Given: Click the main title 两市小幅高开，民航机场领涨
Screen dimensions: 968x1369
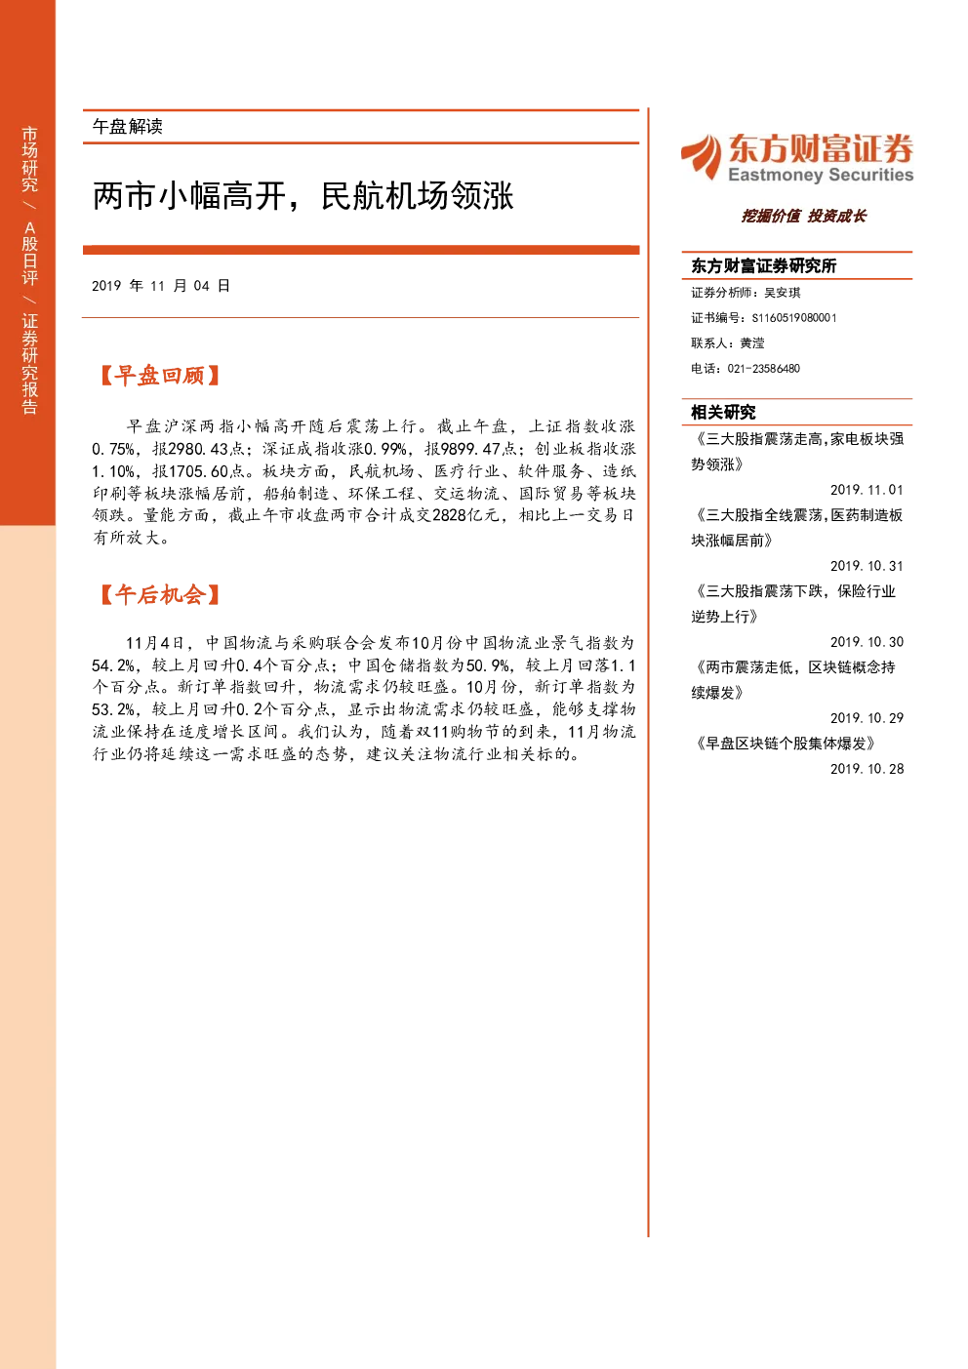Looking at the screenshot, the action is point(303,196).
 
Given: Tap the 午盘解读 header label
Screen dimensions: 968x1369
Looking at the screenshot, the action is point(127,127).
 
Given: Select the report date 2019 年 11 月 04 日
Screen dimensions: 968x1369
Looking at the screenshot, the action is point(161,286).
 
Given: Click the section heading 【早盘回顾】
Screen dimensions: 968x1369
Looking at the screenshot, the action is point(159,376).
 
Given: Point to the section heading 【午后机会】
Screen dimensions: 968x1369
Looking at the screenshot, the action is point(159,594).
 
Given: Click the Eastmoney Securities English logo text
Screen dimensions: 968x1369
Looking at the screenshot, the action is point(821,175).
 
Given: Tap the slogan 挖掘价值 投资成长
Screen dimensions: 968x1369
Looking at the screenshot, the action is point(804,216).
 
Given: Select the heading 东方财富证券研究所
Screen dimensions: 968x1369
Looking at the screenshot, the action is point(763,265).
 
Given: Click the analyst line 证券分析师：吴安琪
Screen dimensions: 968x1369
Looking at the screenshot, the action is point(746,293).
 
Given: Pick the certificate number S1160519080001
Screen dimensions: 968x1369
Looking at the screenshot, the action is point(794,318).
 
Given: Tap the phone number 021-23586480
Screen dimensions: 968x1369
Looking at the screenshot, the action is point(763,369).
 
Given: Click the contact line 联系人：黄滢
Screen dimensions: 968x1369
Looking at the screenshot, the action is point(727,342).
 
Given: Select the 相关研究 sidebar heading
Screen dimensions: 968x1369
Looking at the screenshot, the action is point(723,412).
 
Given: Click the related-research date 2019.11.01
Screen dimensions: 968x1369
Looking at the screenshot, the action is point(867,490).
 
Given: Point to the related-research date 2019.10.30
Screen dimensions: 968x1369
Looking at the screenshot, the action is point(867,642).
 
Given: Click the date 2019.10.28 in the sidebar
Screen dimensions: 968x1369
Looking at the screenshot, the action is point(867,769).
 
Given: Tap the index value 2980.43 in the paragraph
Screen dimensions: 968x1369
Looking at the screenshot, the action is point(198,449).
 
